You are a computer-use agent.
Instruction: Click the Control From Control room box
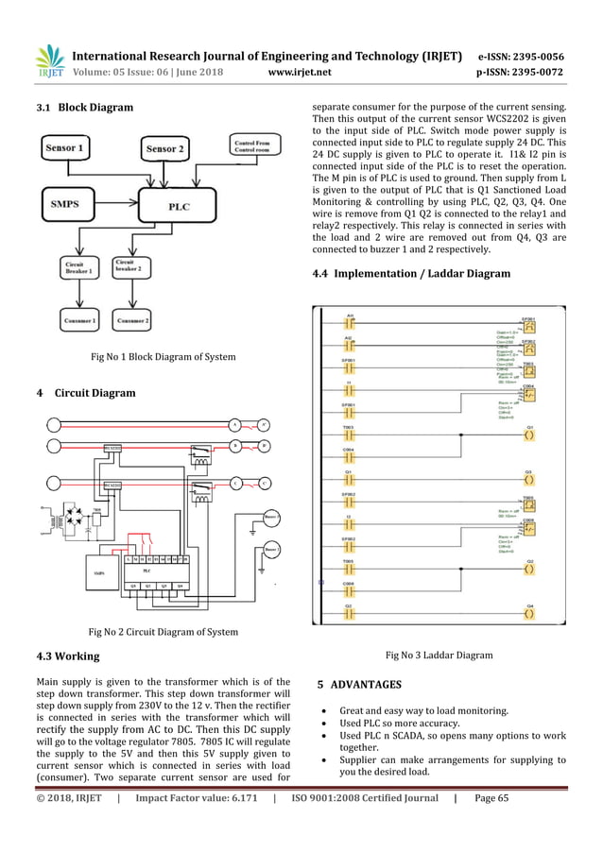(x=253, y=146)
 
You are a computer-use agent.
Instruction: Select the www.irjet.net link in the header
(x=300, y=70)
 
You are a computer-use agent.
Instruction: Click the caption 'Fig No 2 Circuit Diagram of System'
(x=163, y=632)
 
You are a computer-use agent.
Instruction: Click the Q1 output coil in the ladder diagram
(x=529, y=435)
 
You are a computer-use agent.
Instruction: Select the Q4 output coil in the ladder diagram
(x=529, y=613)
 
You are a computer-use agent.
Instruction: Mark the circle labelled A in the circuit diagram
(x=233, y=424)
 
